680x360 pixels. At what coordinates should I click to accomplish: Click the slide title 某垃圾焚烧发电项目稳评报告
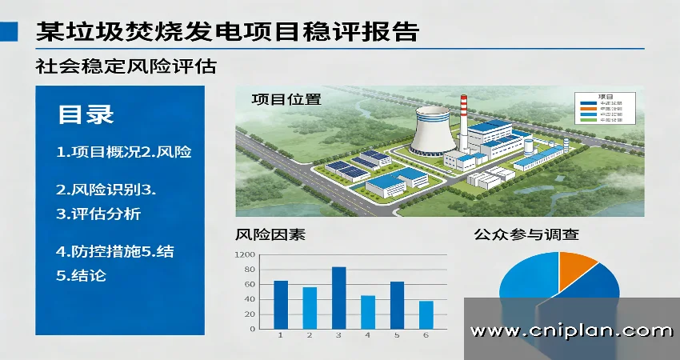pyautogui.click(x=228, y=31)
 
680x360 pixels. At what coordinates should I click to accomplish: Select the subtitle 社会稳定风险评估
pyautogui.click(x=126, y=66)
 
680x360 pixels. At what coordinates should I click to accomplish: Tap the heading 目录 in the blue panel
pyautogui.click(x=86, y=114)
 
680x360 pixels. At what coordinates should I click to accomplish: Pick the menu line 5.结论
pyautogui.click(x=81, y=276)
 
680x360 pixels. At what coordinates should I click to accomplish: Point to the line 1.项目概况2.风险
pyautogui.click(x=123, y=151)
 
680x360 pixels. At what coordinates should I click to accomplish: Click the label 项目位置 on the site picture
pyautogui.click(x=286, y=99)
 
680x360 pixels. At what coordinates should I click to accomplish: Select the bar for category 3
pyautogui.click(x=338, y=298)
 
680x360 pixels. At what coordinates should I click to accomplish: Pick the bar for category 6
pyautogui.click(x=426, y=314)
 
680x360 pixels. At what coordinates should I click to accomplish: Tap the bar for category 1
pyautogui.click(x=281, y=305)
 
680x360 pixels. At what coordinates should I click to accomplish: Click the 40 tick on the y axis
pyautogui.click(x=250, y=299)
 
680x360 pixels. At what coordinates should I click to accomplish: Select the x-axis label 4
pyautogui.click(x=368, y=334)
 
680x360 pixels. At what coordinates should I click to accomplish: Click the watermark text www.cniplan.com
pyautogui.click(x=571, y=330)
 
